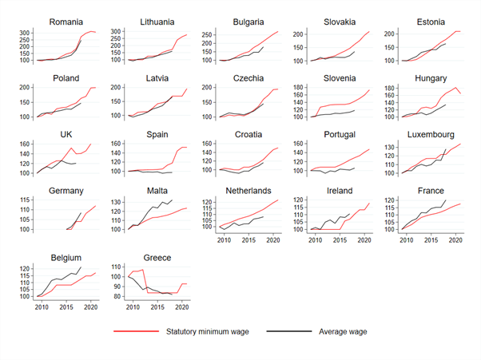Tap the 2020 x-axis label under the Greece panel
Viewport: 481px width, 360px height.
click(181, 307)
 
